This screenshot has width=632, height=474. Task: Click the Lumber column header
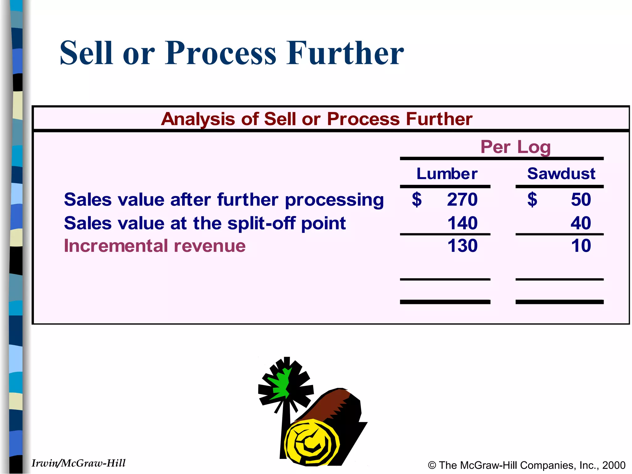[447, 174]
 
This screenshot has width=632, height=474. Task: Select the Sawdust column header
[561, 174]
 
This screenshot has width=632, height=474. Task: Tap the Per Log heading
[515, 147]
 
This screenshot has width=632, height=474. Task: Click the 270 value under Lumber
[462, 200]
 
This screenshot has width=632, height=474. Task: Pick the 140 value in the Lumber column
[462, 223]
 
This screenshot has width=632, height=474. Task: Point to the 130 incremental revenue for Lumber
[462, 246]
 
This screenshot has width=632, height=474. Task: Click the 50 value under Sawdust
[581, 200]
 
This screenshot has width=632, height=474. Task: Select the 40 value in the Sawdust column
[581, 223]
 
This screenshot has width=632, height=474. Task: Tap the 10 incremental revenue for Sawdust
[581, 246]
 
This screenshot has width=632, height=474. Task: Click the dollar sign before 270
[417, 200]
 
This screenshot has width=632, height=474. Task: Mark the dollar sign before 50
[532, 200]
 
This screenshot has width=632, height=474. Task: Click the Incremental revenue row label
[155, 246]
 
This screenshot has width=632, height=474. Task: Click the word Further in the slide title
[345, 53]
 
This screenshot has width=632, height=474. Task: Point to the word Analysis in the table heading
[198, 119]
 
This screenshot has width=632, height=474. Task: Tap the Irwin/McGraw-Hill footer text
[78, 463]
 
